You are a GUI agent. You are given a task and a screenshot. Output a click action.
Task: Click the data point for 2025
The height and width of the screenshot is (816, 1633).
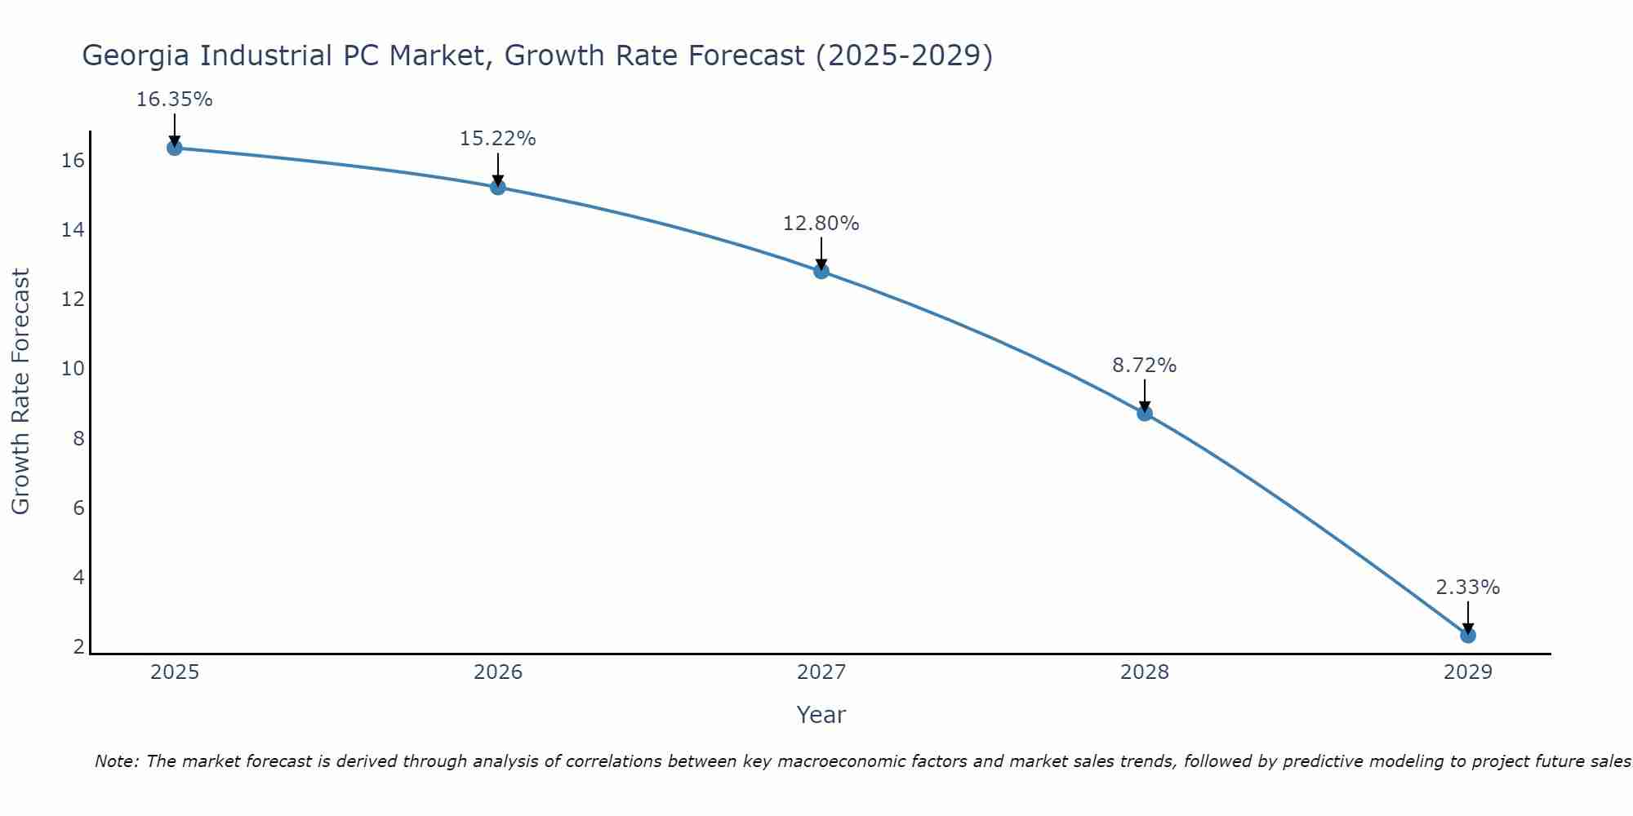click(x=174, y=148)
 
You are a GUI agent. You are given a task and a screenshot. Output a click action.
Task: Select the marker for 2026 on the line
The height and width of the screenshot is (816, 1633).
click(x=498, y=187)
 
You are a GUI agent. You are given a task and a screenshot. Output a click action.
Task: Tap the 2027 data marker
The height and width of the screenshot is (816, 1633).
click(x=821, y=271)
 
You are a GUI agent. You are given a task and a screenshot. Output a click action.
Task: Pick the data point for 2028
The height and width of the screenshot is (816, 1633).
click(x=1145, y=413)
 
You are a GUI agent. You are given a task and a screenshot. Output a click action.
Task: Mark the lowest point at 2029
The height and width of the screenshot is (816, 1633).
click(x=1468, y=635)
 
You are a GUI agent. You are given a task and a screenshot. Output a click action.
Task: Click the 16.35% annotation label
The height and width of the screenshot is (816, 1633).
click(x=174, y=100)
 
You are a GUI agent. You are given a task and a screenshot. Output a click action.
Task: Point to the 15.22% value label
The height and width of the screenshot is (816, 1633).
click(x=497, y=139)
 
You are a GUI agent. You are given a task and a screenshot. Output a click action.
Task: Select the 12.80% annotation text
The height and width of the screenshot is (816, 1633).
click(x=821, y=223)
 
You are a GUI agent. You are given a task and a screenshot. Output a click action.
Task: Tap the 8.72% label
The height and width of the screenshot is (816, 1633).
click(x=1144, y=366)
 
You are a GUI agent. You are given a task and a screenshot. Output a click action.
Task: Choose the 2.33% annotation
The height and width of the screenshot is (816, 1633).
click(x=1467, y=588)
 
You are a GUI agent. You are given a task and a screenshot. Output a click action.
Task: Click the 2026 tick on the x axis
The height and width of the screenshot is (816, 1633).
click(x=498, y=672)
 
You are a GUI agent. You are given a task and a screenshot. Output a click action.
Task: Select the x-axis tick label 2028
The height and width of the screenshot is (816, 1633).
click(x=1145, y=672)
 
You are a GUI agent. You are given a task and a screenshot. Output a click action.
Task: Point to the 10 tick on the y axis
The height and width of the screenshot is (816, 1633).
click(x=73, y=369)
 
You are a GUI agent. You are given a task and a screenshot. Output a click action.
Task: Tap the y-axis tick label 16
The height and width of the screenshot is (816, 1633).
click(x=73, y=161)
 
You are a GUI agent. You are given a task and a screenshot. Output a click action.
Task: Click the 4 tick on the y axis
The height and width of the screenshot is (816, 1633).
click(x=78, y=578)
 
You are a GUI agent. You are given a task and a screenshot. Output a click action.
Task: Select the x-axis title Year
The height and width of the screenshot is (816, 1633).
click(x=821, y=715)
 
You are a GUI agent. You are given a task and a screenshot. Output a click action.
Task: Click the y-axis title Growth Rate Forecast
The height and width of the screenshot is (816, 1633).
click(x=20, y=391)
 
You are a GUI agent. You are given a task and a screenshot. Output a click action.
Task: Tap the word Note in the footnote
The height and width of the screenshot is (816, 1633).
click(x=116, y=761)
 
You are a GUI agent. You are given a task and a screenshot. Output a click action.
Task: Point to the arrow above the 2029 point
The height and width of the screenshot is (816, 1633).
click(x=1468, y=616)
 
